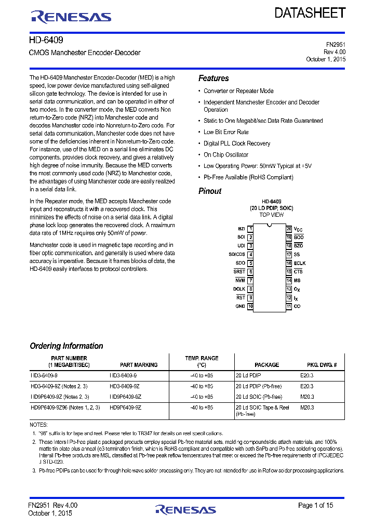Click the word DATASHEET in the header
[x=310, y=14]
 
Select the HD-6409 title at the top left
[x=46, y=40]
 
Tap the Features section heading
[x=213, y=78]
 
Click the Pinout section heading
[x=210, y=191]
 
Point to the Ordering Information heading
[x=66, y=346]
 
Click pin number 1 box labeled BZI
[x=250, y=229]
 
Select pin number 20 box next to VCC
[x=289, y=229]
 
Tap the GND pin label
[x=240, y=307]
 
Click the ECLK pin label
[x=300, y=264]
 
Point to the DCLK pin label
[x=239, y=289]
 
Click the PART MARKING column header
[x=139, y=365]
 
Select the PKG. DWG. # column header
[x=322, y=365]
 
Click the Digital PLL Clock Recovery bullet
[x=237, y=143]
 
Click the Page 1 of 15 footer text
[x=316, y=505]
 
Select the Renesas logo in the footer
[x=185, y=509]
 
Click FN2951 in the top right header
[x=335, y=45]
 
